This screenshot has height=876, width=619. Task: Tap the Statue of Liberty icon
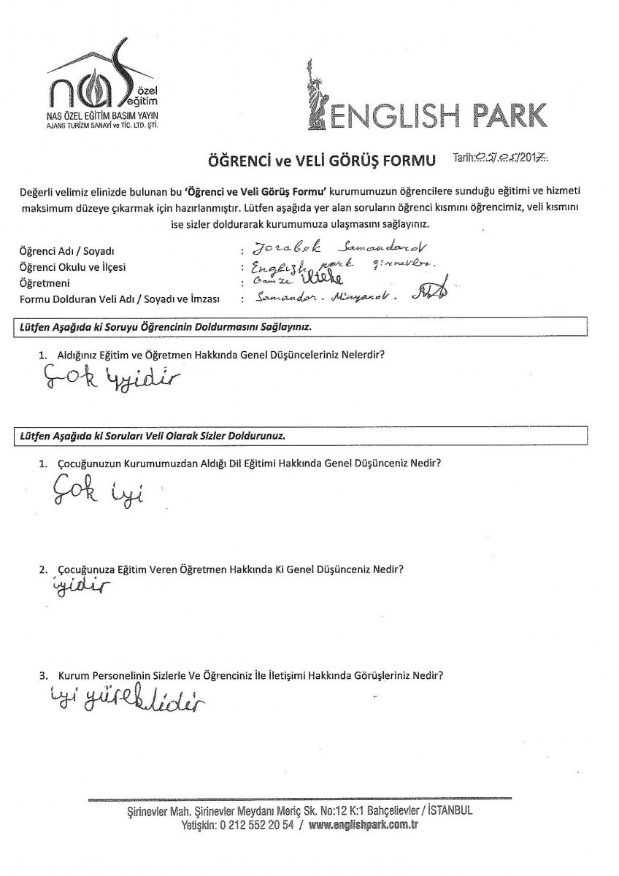tap(316, 98)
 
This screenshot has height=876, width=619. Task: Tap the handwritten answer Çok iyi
tap(96, 494)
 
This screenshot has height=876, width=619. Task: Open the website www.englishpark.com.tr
tap(363, 825)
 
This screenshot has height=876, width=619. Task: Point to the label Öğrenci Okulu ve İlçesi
tap(72, 267)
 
